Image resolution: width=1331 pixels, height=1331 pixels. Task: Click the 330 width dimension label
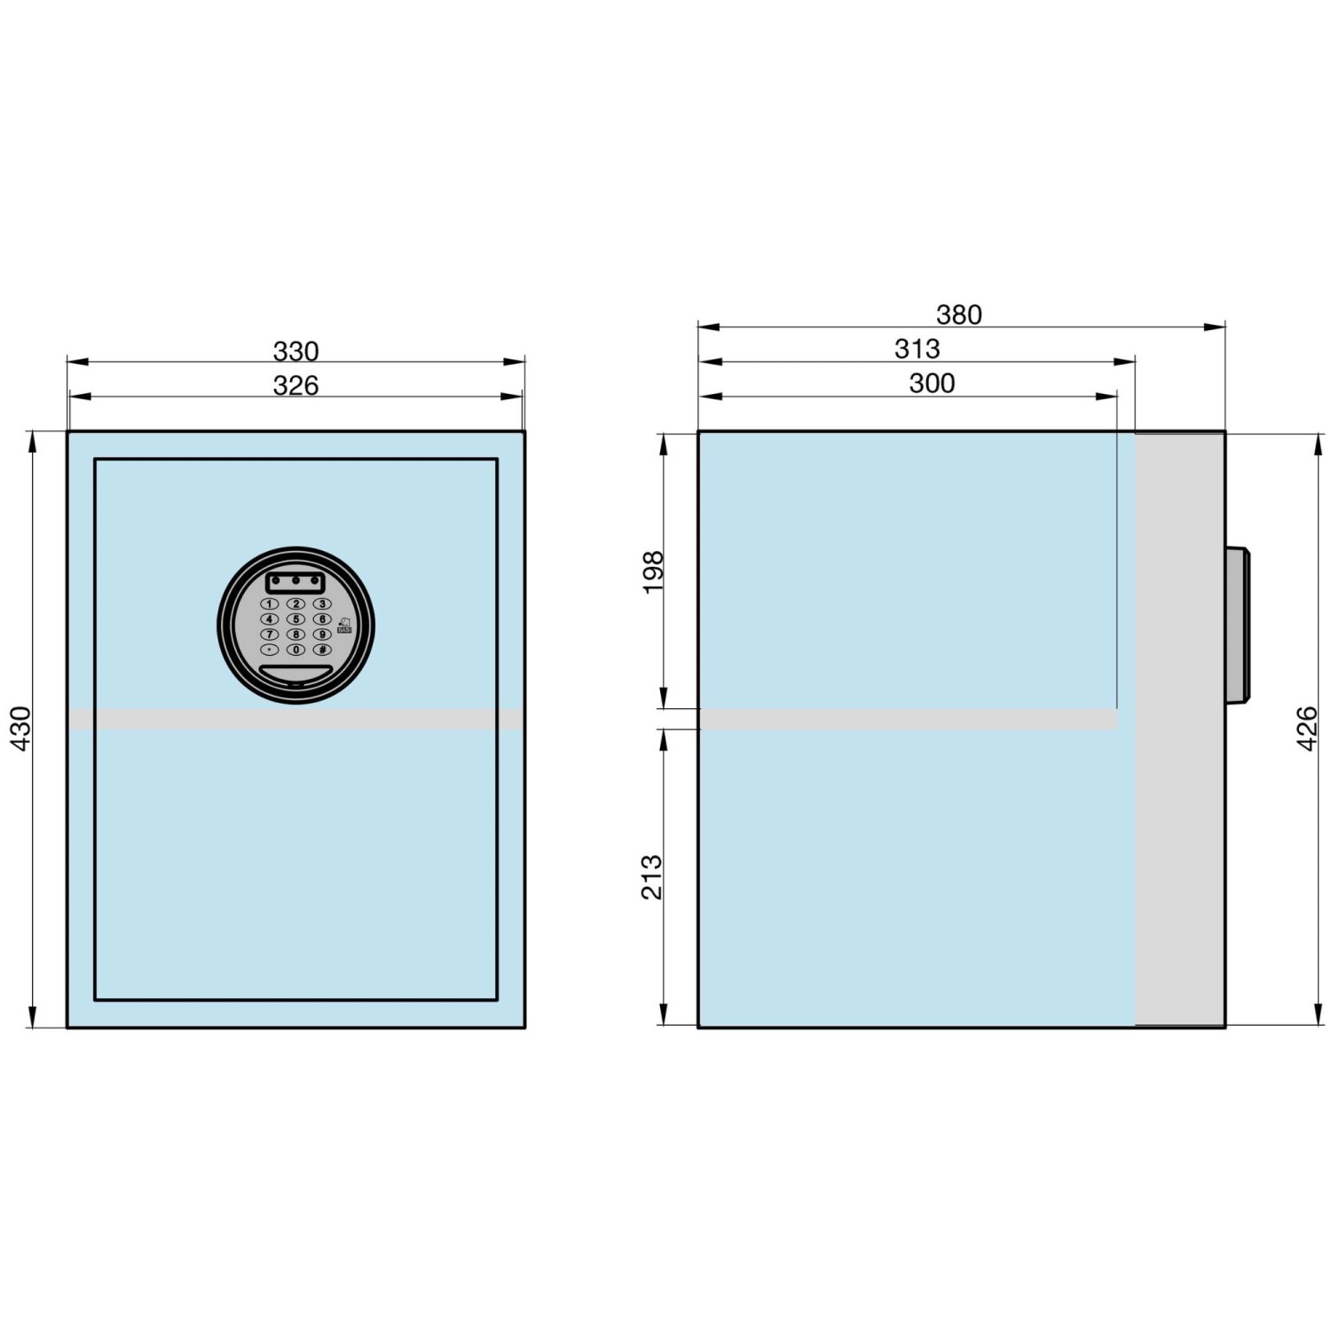295,352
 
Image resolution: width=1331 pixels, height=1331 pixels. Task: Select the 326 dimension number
295,386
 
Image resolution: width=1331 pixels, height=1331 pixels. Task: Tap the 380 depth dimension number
959,315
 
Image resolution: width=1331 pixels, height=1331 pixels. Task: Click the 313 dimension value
917,349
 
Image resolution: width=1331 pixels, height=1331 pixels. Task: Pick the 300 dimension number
932,383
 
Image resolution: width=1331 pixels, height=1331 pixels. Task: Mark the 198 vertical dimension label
653,572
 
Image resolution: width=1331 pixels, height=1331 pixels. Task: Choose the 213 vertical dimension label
652,877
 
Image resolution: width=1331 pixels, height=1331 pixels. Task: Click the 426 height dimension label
1307,729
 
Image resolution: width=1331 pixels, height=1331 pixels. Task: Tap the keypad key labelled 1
269,604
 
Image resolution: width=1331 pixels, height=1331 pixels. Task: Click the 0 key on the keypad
295,650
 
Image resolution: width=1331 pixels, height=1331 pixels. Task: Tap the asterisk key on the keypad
269,650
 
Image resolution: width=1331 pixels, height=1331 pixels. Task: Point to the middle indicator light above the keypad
295,582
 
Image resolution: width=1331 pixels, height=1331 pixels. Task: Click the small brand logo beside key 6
344,626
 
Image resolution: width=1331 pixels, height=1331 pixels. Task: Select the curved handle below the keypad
295,673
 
